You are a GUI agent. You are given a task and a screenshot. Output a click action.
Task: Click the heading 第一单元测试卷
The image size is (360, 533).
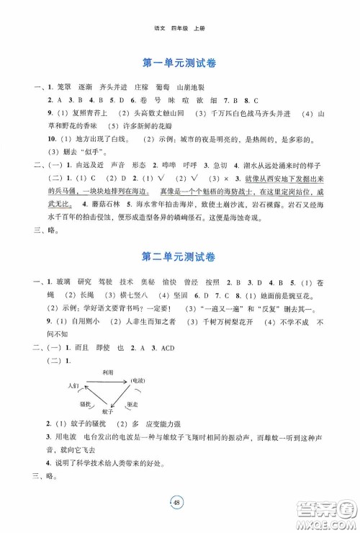click(x=179, y=63)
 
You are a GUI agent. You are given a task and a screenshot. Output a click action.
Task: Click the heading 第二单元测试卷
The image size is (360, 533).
click(x=179, y=258)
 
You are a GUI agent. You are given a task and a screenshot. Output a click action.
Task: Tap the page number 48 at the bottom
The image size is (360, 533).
click(x=179, y=500)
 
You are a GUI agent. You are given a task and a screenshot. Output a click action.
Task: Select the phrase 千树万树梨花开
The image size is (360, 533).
click(x=218, y=322)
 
